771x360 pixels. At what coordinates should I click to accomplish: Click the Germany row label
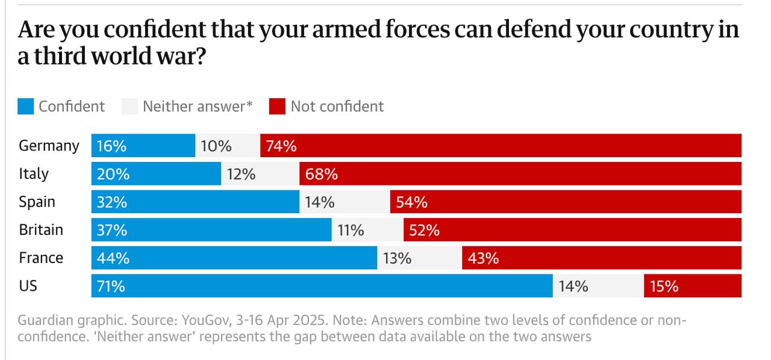[x=49, y=146]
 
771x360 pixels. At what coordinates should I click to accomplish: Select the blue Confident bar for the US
[x=322, y=286]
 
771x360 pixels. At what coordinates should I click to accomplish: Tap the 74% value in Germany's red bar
[x=281, y=146]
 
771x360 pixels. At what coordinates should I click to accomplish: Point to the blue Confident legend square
[x=26, y=107]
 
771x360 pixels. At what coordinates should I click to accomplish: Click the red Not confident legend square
[x=277, y=107]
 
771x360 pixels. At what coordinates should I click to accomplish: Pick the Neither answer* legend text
[x=198, y=107]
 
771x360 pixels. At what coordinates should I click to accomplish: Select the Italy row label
[x=34, y=174]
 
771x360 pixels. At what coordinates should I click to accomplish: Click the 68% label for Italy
[x=322, y=174]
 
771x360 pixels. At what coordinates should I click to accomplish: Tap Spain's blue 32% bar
[x=195, y=202]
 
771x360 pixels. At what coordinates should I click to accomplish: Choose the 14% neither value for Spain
[x=319, y=202]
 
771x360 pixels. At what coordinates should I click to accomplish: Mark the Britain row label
[x=41, y=230]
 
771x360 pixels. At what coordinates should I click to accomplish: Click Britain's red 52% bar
[x=572, y=230]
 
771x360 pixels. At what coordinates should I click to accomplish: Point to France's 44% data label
[x=113, y=258]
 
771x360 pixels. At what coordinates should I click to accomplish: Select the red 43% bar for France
[x=602, y=258]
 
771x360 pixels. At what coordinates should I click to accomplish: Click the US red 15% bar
[x=693, y=286]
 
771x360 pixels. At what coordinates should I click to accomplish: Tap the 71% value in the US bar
[x=111, y=286]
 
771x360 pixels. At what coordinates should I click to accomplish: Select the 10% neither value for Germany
[x=216, y=146]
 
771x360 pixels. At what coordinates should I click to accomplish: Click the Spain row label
[x=37, y=202]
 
